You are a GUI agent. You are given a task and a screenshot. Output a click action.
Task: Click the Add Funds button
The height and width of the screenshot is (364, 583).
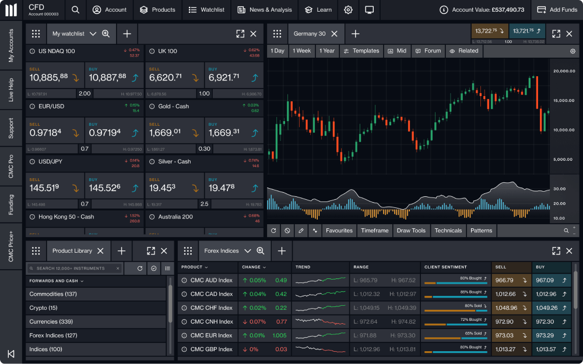557,10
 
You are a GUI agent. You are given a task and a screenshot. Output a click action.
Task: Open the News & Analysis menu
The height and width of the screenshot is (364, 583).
265,10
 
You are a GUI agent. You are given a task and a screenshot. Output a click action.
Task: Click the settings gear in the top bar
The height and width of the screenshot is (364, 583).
348,10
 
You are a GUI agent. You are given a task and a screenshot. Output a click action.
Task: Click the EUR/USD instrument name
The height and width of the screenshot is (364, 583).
51,107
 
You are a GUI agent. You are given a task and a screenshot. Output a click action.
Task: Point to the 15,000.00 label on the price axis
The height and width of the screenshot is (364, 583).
563,100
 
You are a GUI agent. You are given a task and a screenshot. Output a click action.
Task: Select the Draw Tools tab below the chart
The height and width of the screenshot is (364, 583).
411,231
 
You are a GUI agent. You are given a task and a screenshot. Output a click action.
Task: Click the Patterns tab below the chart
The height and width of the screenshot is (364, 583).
481,231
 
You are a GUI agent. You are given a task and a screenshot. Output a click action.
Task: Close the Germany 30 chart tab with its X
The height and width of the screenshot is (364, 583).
334,34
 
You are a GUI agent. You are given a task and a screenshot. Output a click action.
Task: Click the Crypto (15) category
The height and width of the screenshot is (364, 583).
44,308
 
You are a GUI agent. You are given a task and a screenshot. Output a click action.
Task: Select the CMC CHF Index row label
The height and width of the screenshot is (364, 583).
211,308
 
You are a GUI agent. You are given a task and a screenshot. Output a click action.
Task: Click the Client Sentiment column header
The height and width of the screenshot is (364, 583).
446,267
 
